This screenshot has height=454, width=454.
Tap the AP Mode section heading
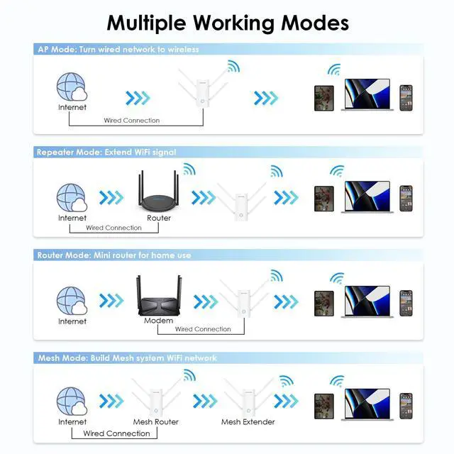pyautogui.click(x=118, y=50)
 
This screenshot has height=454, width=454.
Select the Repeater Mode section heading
pyautogui.click(x=106, y=152)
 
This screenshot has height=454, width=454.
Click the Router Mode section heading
pyautogui.click(x=113, y=255)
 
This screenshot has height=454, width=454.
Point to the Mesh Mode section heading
pyautogui.click(x=127, y=358)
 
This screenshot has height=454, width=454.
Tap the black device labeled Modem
pyautogui.click(x=158, y=299)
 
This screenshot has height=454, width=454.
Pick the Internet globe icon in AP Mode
pyautogui.click(x=72, y=89)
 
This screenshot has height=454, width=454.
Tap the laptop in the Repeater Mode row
pyautogui.click(x=367, y=196)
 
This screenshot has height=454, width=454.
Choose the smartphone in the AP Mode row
pyautogui.click(x=406, y=97)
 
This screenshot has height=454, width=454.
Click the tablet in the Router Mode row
pyautogui.click(x=324, y=303)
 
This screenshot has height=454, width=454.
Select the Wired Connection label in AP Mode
pyautogui.click(x=132, y=121)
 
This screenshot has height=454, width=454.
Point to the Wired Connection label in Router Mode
pyautogui.click(x=203, y=329)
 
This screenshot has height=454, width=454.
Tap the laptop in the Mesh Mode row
pyautogui.click(x=367, y=403)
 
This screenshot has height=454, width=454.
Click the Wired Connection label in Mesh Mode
pyautogui.click(x=117, y=433)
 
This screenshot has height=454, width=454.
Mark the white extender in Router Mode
pyautogui.click(x=243, y=301)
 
